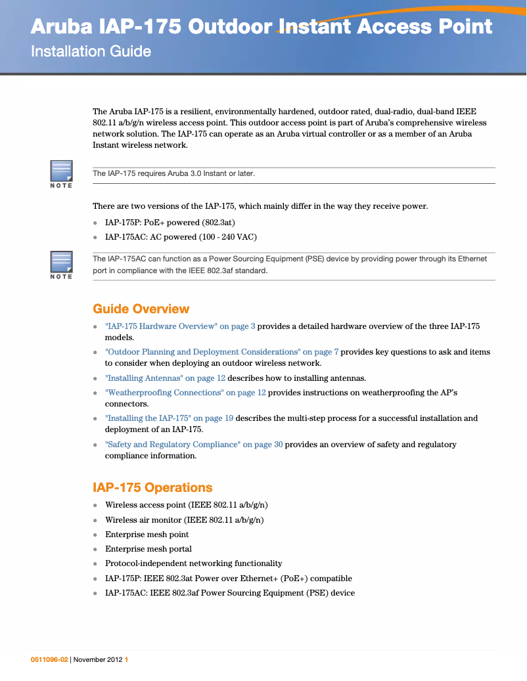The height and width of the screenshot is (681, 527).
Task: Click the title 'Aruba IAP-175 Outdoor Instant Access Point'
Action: [262, 27]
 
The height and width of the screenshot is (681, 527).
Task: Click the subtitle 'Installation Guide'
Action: [91, 51]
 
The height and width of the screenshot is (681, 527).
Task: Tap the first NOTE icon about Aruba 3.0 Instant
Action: [61, 172]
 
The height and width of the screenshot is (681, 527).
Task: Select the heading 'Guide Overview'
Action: [141, 309]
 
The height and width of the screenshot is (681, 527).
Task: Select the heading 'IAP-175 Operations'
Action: [152, 487]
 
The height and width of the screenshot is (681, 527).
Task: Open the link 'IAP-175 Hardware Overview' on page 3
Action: [180, 326]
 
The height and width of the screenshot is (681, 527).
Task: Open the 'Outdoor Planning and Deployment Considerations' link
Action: [221, 352]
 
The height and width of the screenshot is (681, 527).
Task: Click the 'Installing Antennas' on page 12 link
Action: [165, 378]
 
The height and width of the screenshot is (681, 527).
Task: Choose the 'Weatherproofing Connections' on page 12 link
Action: [185, 393]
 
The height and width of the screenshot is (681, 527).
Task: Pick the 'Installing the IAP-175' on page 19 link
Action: [169, 418]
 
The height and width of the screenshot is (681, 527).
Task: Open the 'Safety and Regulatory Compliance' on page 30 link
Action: [194, 445]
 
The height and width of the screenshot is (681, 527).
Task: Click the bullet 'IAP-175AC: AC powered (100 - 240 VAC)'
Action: [181, 237]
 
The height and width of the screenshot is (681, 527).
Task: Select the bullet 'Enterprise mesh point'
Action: [147, 535]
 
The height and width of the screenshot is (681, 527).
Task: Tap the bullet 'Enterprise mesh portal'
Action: [149, 549]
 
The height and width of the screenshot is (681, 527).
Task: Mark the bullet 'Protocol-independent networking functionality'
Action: [193, 563]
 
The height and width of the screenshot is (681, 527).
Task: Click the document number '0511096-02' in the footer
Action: [49, 660]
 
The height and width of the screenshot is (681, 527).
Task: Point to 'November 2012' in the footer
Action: [98, 660]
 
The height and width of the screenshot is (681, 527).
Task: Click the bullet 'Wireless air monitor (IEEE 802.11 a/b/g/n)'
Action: [184, 520]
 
